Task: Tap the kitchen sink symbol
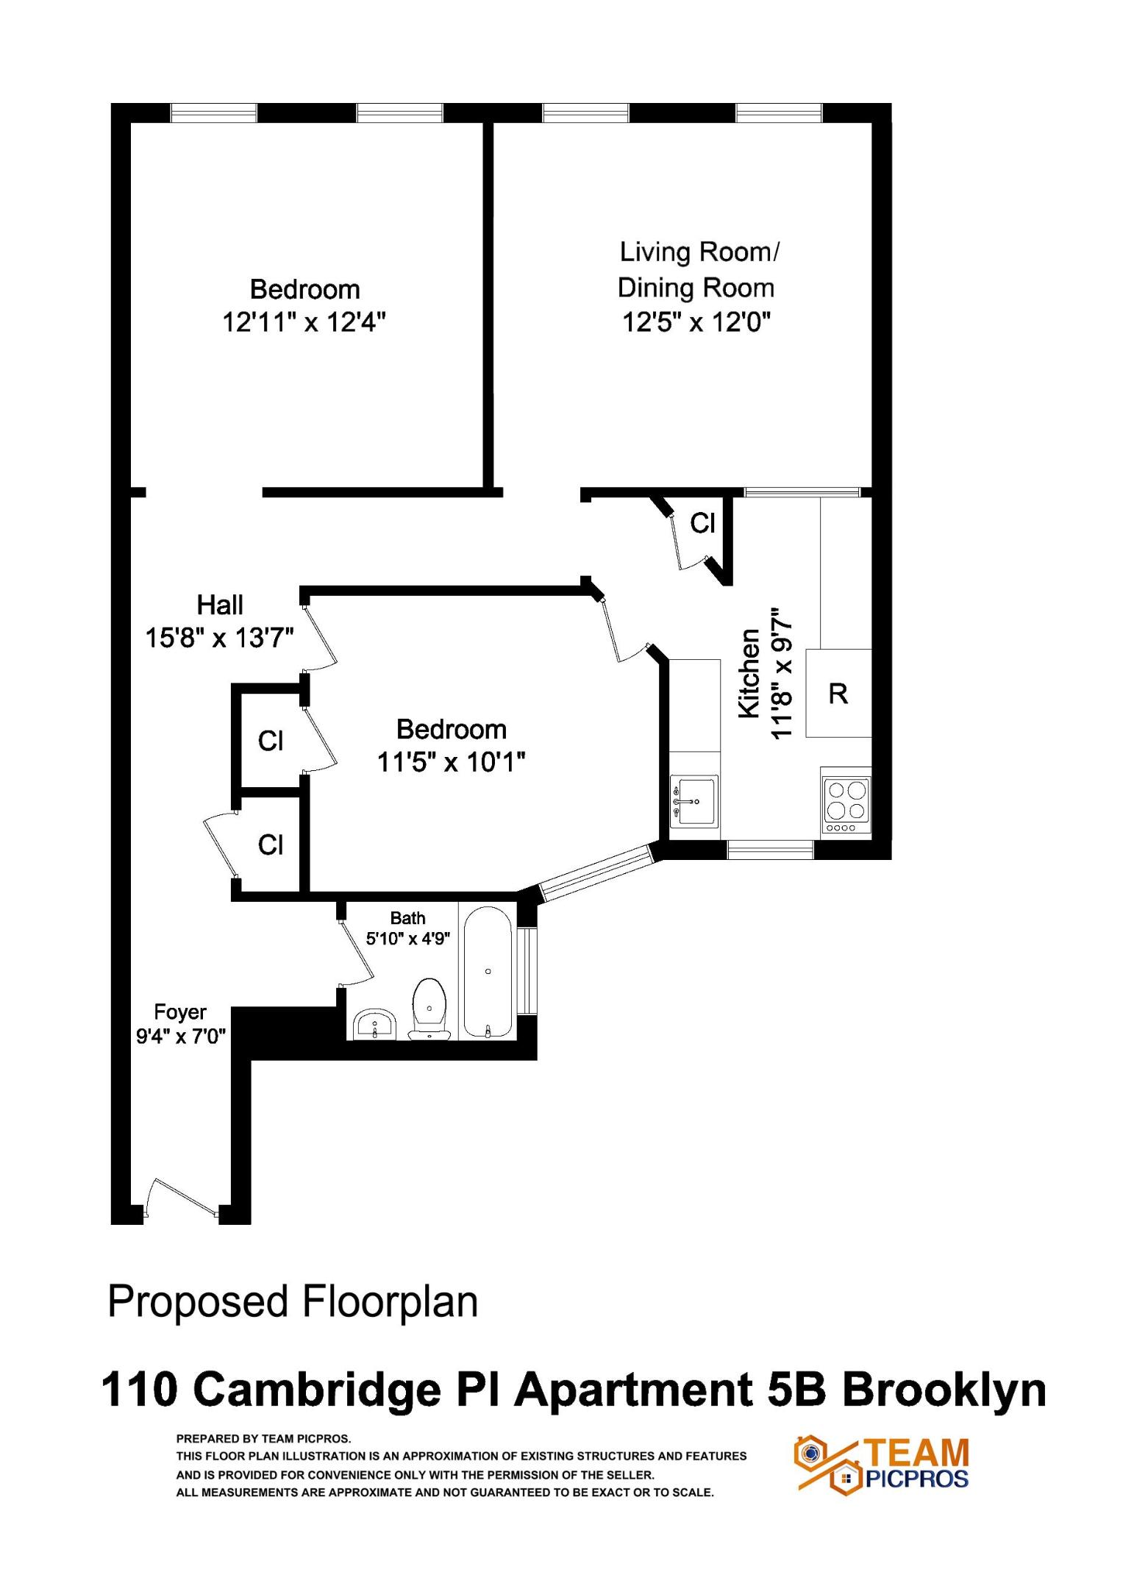pyautogui.click(x=694, y=800)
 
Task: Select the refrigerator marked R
pyautogui.click(x=838, y=693)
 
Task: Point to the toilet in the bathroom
pyautogui.click(x=429, y=1008)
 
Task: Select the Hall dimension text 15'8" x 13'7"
pyautogui.click(x=219, y=638)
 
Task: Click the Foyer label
pyautogui.click(x=180, y=1012)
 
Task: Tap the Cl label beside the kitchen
pyautogui.click(x=702, y=523)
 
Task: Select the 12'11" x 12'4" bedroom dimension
pyautogui.click(x=304, y=322)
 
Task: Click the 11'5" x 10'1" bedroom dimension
pyautogui.click(x=451, y=762)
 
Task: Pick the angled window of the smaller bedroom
pyautogui.click(x=596, y=872)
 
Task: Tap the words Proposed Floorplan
pyautogui.click(x=293, y=1301)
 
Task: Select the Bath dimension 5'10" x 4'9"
pyautogui.click(x=408, y=939)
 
